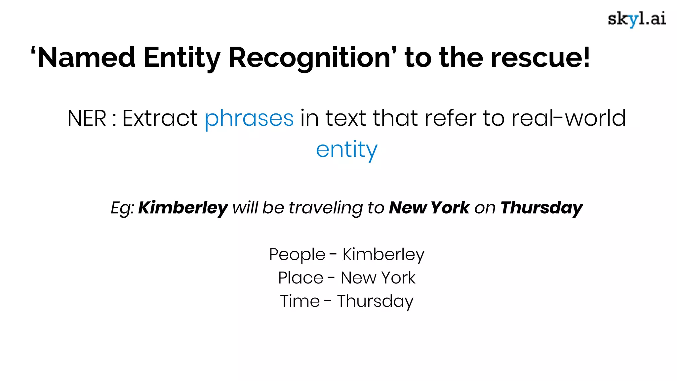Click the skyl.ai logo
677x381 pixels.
(x=637, y=19)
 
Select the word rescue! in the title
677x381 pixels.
(x=540, y=58)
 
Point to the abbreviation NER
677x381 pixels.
(x=87, y=118)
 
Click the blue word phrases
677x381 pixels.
(x=249, y=118)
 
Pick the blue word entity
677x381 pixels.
(x=346, y=149)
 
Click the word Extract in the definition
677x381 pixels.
(x=160, y=118)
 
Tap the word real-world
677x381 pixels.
(x=569, y=118)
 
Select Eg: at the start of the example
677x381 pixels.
(x=122, y=208)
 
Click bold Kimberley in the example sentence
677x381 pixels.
(x=183, y=208)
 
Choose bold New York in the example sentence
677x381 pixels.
(x=429, y=208)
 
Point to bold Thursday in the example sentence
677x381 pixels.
(x=541, y=208)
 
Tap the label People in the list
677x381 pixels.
(x=297, y=255)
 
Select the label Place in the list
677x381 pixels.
(x=300, y=278)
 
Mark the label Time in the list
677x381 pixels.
(x=300, y=301)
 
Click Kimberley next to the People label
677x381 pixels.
(x=383, y=255)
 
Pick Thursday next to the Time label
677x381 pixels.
(x=375, y=301)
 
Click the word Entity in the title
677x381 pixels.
(x=182, y=58)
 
